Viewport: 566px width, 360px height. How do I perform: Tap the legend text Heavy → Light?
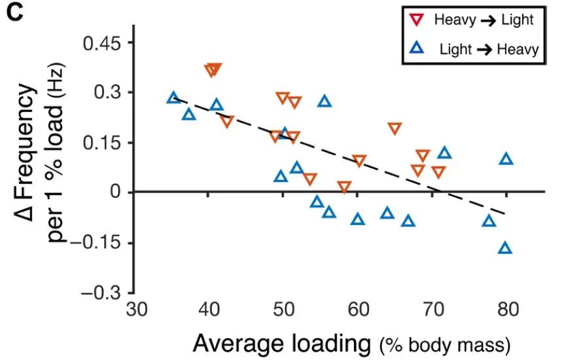[x=484, y=20]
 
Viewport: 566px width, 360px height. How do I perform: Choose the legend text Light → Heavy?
[x=489, y=48]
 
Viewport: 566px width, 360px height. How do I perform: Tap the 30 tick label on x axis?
[x=135, y=309]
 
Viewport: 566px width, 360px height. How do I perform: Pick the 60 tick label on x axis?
[x=358, y=309]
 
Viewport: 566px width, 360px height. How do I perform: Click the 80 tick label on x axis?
[x=506, y=309]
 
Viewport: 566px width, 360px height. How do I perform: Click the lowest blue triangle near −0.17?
[x=504, y=248]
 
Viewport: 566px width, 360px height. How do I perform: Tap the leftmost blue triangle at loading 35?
[x=173, y=98]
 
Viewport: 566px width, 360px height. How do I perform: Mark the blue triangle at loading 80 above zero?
[x=506, y=159]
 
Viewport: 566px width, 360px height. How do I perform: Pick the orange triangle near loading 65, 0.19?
[x=394, y=128]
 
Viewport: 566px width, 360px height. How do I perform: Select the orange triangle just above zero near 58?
[x=345, y=187]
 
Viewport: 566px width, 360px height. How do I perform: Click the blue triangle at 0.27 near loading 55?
[x=325, y=101]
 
